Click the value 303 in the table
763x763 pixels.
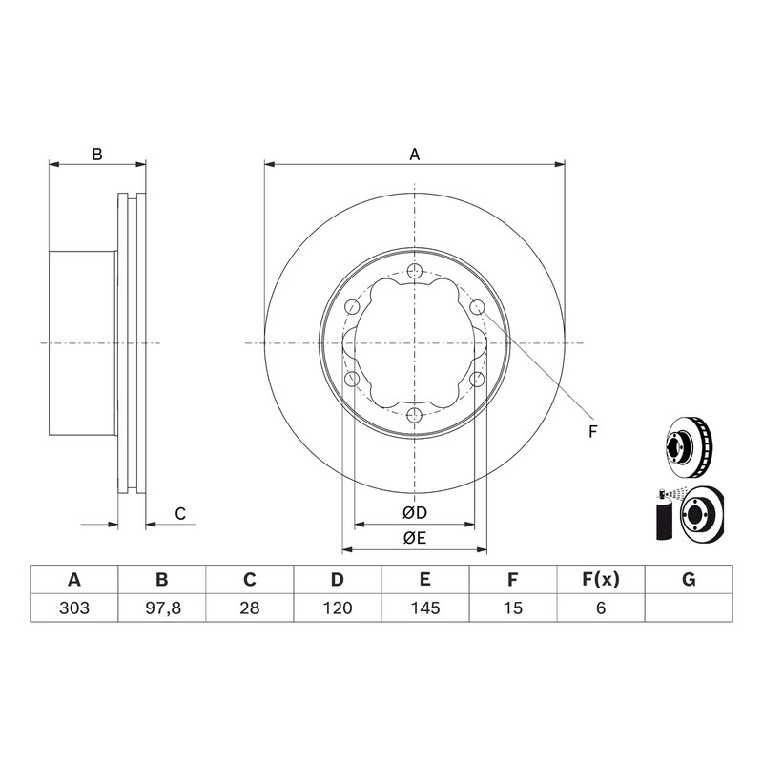(x=74, y=608)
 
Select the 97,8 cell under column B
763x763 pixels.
(x=163, y=608)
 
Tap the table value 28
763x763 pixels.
(x=250, y=608)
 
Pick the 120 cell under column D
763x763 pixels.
(x=338, y=608)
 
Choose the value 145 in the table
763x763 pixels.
(x=425, y=608)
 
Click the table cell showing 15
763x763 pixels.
(x=513, y=608)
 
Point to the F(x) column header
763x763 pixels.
(x=601, y=580)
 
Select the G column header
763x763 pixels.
(x=689, y=580)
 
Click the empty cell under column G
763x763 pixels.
(x=689, y=608)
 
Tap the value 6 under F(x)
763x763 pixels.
(x=601, y=608)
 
